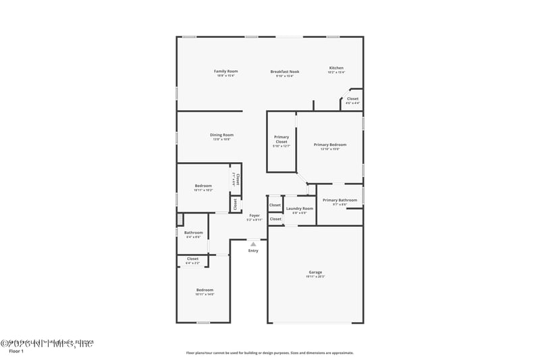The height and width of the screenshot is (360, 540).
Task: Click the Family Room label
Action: tap(226, 71)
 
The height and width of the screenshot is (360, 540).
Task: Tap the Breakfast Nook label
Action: tap(285, 71)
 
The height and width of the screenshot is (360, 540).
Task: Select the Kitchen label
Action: tap(336, 68)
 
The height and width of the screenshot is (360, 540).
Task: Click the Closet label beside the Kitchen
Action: tap(352, 99)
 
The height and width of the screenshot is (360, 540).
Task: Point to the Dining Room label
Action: tap(221, 134)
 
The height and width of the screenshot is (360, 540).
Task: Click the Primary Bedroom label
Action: tap(330, 144)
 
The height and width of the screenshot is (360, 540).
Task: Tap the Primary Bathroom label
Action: tap(340, 200)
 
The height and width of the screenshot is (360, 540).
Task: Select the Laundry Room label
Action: tap(300, 209)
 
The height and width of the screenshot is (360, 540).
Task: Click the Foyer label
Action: tap(254, 215)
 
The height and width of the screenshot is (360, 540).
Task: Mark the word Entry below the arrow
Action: tap(253, 251)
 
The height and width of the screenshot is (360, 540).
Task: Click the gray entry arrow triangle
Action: tap(253, 244)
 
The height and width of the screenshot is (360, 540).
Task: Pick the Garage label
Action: tap(315, 272)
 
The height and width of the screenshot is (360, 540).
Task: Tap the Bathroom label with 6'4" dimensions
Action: tap(194, 232)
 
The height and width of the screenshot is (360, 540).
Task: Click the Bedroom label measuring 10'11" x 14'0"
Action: tap(205, 289)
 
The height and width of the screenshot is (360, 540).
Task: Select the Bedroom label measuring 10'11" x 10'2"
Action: tap(203, 186)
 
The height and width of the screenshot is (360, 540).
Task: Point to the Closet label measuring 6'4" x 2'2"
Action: tap(193, 259)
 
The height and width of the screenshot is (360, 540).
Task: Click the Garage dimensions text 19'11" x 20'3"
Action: tap(315, 276)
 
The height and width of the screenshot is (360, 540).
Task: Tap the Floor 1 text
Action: tap(16, 351)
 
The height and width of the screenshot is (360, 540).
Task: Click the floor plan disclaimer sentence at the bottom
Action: tap(270, 353)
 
